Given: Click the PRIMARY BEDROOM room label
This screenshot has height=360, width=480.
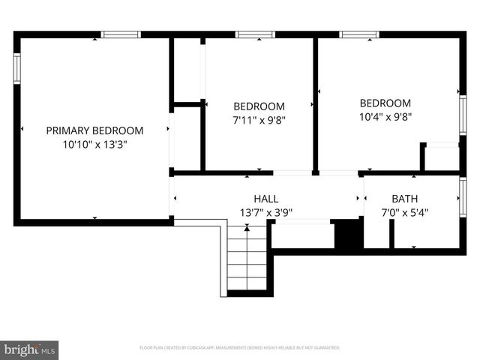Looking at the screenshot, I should (x=94, y=130).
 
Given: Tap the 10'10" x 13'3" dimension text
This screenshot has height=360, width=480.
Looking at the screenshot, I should (x=94, y=145).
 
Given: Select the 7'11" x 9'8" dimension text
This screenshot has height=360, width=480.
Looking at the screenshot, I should (x=259, y=119).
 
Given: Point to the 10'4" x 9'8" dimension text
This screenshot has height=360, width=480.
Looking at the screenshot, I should (x=385, y=116).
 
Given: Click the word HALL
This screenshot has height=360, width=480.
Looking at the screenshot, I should (x=265, y=199).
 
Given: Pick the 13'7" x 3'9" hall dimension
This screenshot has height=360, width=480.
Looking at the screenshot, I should (x=265, y=213).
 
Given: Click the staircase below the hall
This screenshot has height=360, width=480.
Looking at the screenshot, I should (x=247, y=259).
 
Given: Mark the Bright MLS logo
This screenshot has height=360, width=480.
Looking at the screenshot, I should (x=30, y=349).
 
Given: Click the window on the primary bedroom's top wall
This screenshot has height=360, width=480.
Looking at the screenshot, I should (x=121, y=34).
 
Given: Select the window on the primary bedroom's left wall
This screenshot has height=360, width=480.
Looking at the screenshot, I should (x=16, y=67).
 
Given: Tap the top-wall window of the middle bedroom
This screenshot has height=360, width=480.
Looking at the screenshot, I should (x=255, y=34).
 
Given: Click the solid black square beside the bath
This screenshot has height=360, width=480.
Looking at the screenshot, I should (x=348, y=234).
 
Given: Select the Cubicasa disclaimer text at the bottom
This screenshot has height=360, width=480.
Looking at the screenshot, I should (x=239, y=348).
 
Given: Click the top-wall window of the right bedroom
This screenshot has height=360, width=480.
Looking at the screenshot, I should (x=358, y=34).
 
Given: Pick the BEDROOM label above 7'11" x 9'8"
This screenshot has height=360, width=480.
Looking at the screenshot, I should (x=259, y=106).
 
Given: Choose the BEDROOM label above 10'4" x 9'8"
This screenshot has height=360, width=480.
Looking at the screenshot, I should (x=385, y=103).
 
